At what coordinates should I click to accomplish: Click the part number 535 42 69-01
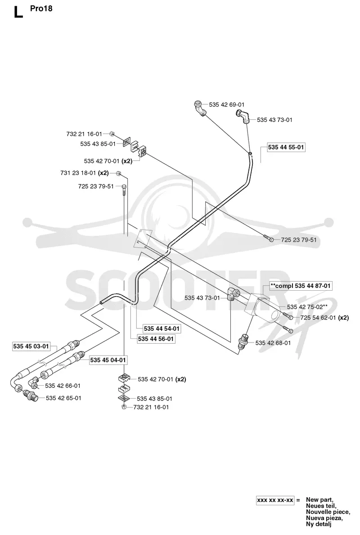click(227, 105)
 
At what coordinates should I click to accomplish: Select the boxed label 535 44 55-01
click(286, 148)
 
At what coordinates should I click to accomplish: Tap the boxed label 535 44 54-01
click(162, 328)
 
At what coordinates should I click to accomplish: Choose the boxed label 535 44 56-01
click(156, 339)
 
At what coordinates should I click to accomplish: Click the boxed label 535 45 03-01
click(31, 346)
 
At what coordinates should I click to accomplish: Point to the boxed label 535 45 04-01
click(108, 360)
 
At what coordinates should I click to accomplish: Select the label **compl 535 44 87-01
click(301, 286)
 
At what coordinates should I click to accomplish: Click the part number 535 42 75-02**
click(307, 307)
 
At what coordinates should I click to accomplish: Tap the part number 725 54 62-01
click(318, 318)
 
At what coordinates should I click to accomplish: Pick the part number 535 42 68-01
click(273, 343)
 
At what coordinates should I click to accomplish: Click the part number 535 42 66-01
click(63, 386)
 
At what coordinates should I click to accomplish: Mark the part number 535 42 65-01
click(63, 398)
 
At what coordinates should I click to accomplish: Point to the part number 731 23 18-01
click(78, 173)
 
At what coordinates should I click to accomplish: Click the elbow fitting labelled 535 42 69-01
click(200, 108)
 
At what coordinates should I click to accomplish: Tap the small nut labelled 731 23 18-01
click(118, 173)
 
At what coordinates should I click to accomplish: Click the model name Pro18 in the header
click(41, 9)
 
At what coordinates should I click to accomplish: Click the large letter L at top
click(18, 12)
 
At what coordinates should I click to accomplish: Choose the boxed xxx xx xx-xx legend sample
click(275, 500)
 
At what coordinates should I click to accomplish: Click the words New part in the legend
click(319, 500)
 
